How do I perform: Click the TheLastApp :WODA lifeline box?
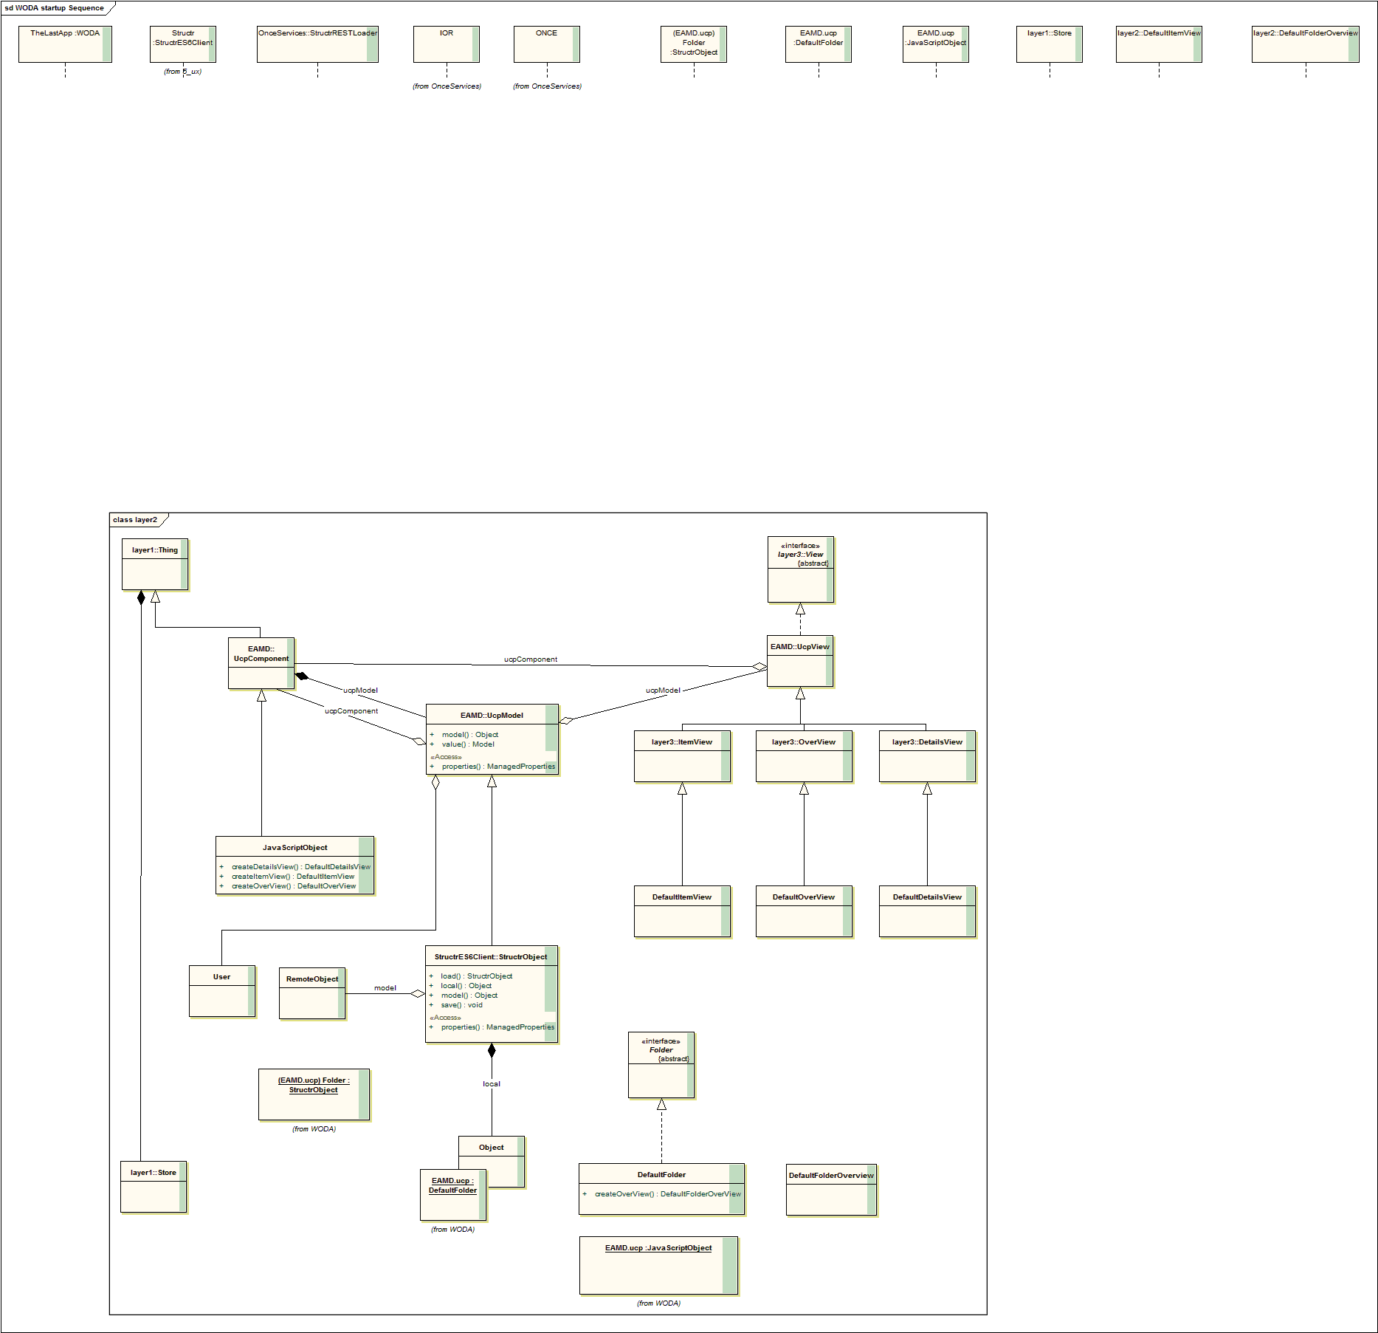tap(65, 44)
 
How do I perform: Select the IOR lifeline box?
tap(446, 44)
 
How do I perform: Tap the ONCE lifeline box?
tap(546, 44)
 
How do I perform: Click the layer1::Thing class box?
tap(155, 564)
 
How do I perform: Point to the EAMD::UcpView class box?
tap(800, 661)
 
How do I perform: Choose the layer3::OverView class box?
tap(804, 756)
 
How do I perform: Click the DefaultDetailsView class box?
tap(927, 911)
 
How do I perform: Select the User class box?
tap(222, 991)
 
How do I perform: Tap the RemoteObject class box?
tap(312, 993)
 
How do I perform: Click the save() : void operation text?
tap(461, 1005)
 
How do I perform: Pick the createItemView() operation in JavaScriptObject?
tap(292, 877)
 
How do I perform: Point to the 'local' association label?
tap(492, 1084)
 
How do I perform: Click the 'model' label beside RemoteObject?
tap(385, 988)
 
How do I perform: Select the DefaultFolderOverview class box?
tap(831, 1190)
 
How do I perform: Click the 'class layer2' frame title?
tap(135, 520)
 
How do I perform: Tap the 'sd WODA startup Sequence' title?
tap(55, 8)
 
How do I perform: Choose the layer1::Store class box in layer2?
tap(154, 1187)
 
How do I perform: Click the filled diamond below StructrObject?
tap(492, 1050)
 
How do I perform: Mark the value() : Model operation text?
tap(468, 744)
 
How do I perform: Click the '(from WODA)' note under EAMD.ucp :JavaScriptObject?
tap(658, 1303)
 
